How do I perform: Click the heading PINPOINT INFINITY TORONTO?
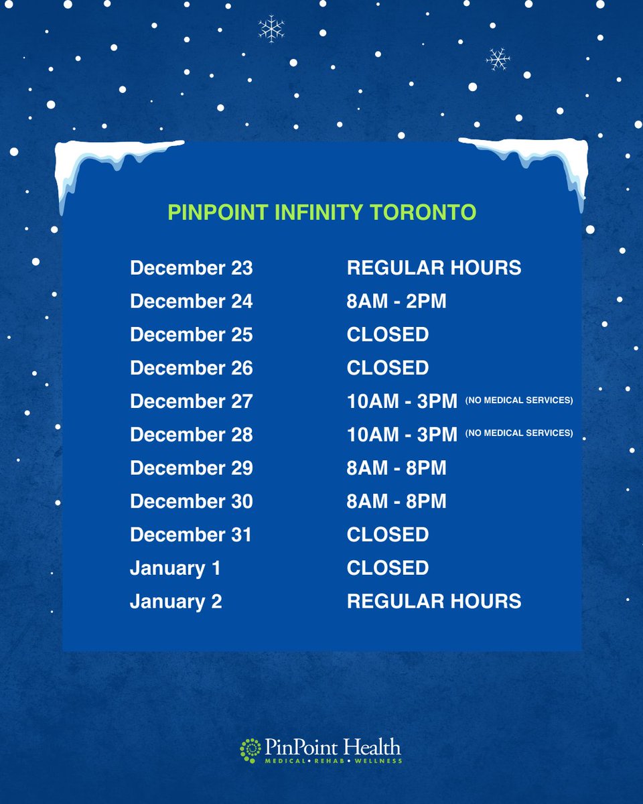[x=321, y=212]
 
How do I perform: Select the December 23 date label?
[x=192, y=268]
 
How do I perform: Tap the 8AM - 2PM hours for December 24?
[x=397, y=301]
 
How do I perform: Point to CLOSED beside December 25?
[x=388, y=334]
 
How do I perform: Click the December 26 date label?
[x=192, y=368]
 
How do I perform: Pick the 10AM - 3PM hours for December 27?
[x=402, y=401]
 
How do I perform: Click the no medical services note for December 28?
[x=519, y=433]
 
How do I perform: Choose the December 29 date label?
[x=192, y=468]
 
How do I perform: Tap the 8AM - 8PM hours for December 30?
[x=397, y=501]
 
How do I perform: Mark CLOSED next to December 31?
[x=388, y=535]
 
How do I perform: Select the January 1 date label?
[x=175, y=568]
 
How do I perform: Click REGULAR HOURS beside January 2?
[x=434, y=601]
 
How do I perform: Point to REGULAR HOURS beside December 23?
[x=434, y=268]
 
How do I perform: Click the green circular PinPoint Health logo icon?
[x=251, y=750]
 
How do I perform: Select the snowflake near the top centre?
[x=271, y=29]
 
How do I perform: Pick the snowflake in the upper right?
[x=498, y=60]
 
